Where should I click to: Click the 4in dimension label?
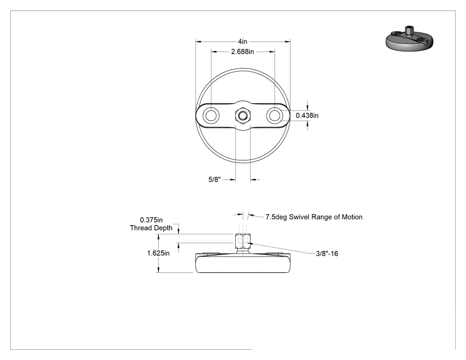point(242,42)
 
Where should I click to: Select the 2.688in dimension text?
point(242,52)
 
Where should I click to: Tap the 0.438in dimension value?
point(307,115)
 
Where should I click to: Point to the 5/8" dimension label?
point(214,179)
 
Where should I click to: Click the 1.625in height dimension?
point(158,253)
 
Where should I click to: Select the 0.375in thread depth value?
point(151,220)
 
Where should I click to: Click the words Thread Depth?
point(151,228)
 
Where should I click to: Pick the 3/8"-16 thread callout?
point(327,253)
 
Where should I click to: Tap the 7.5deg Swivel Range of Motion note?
point(314,217)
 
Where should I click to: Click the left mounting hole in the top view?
point(211,115)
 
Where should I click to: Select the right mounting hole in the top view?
point(274,115)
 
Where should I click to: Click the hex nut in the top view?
point(243,115)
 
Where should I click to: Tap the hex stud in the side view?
point(243,241)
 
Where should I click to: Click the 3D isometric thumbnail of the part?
point(410,39)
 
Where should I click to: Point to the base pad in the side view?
point(242,263)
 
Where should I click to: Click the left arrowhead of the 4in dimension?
point(198,42)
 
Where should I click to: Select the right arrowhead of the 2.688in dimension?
point(272,52)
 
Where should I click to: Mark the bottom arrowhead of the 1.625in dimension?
point(158,269)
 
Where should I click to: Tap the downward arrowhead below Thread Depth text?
point(178,231)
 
